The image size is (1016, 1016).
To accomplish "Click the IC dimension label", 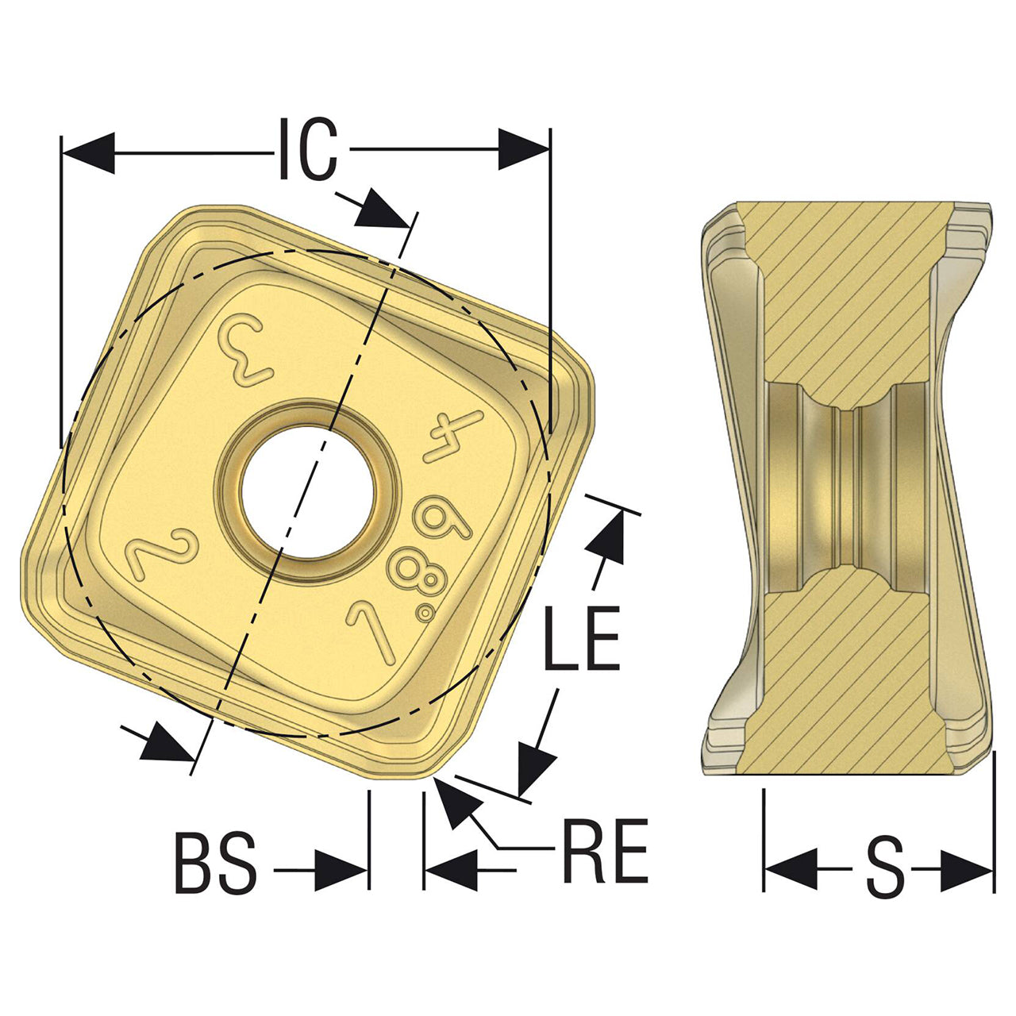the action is [x=307, y=148].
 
